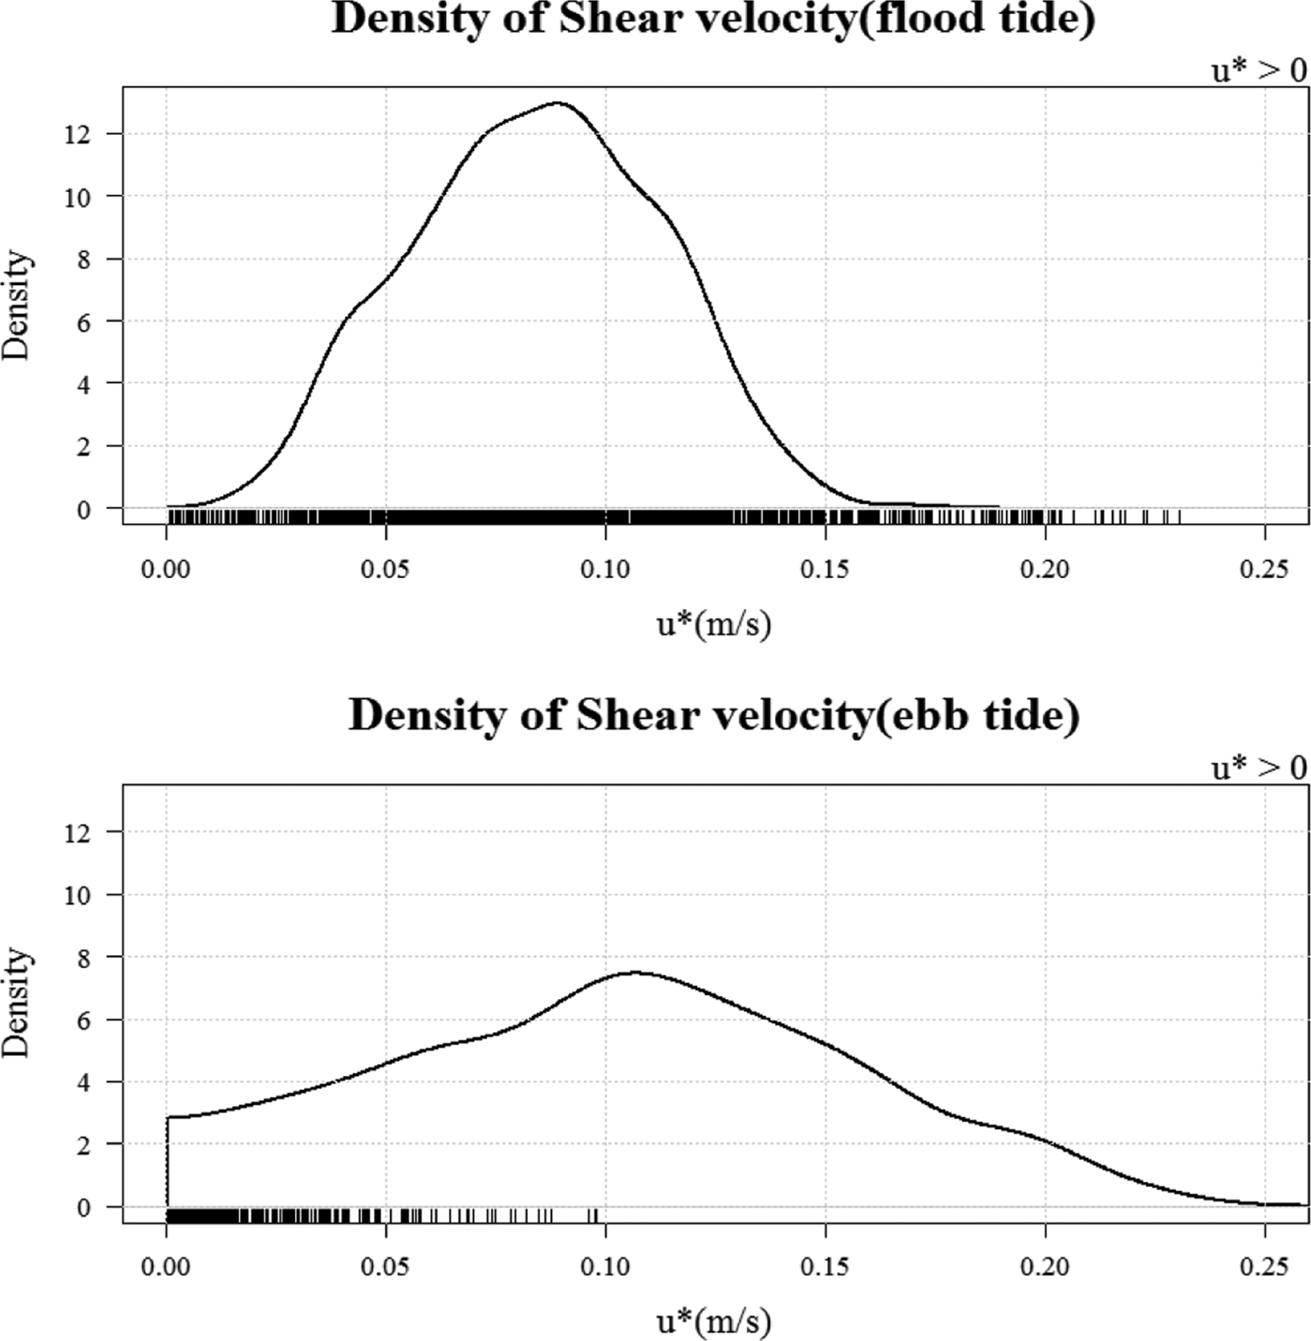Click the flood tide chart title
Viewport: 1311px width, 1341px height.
click(713, 18)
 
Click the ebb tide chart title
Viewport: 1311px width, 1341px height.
click(714, 715)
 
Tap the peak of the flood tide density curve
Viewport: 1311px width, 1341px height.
click(558, 103)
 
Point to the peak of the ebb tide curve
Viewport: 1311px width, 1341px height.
click(635, 972)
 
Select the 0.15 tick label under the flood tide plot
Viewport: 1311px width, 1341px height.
click(825, 570)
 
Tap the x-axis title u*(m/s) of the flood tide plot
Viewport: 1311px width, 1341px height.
click(714, 624)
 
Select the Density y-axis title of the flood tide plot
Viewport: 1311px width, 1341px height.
click(17, 305)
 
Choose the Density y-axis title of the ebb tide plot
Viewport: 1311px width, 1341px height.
click(17, 1002)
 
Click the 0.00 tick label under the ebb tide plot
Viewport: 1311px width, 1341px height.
click(167, 1267)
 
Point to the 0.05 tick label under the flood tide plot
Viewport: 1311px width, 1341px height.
click(386, 570)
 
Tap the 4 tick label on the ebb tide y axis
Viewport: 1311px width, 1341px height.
click(84, 1083)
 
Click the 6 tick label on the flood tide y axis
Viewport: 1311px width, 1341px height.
click(84, 321)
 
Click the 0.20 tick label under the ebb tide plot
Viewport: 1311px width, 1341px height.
click(1045, 1267)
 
